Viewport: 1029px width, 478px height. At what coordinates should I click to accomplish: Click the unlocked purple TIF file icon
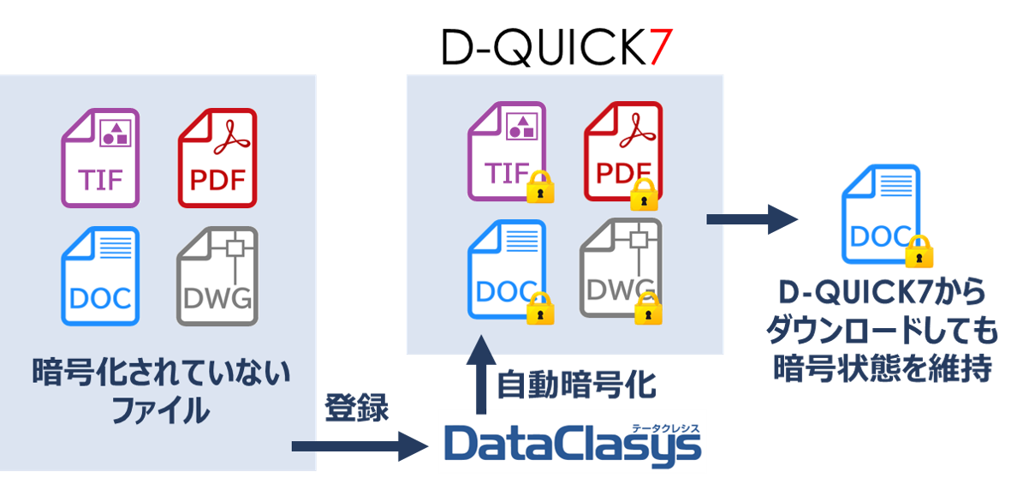[100, 158]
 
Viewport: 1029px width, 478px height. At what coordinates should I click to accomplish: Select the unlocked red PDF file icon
[217, 158]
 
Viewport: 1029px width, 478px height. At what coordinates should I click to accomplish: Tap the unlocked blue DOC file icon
[100, 276]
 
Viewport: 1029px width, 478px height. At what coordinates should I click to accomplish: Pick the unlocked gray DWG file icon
[217, 276]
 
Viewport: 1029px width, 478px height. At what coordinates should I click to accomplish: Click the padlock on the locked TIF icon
[538, 186]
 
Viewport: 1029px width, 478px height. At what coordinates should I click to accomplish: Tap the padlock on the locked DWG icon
[648, 307]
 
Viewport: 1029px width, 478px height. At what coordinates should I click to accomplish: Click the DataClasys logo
[571, 442]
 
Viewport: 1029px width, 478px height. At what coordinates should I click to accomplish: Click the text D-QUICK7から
[882, 292]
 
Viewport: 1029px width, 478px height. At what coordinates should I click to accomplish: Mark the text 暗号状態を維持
[882, 368]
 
